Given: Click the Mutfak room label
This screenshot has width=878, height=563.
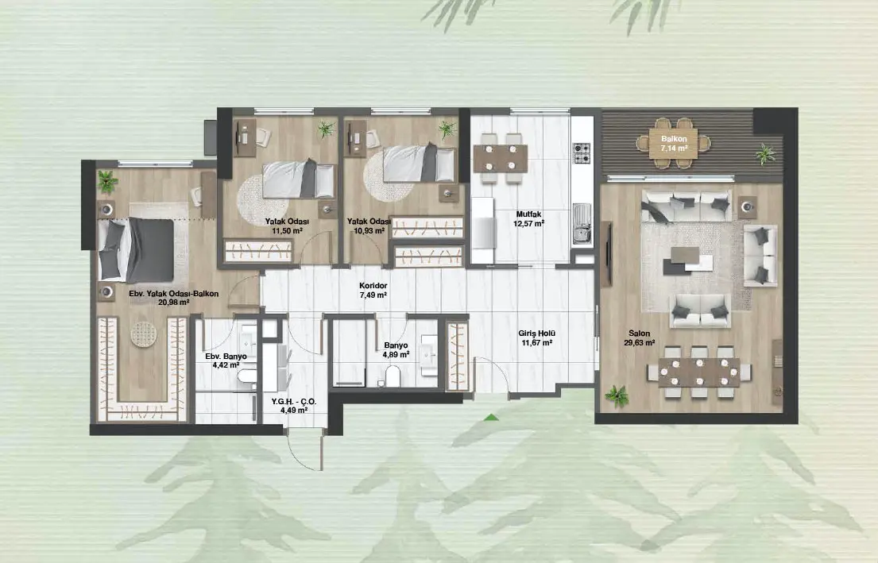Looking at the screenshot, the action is point(528,214).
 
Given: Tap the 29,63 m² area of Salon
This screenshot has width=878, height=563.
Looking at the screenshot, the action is point(640,343).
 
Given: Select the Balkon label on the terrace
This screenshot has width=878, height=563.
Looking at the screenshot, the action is point(674,139).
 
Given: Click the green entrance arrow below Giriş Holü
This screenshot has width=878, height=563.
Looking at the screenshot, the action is point(491,417).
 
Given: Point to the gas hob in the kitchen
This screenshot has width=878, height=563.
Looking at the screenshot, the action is point(581,152).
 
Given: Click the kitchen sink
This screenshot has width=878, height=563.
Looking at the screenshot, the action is point(582,225).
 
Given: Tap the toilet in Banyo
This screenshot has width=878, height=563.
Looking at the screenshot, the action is point(393,376).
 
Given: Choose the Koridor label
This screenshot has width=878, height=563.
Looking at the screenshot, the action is point(373,286).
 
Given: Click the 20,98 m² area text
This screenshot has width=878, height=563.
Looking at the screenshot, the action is point(173,303).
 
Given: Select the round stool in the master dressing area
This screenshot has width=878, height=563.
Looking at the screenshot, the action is point(144,334).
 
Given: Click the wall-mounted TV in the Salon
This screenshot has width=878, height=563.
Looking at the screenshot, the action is point(606,254).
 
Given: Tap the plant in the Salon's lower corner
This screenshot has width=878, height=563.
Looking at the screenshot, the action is point(617,396).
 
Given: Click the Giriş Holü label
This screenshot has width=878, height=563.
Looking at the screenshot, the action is point(536,334).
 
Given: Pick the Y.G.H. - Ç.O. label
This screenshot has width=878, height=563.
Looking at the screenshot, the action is point(294,402).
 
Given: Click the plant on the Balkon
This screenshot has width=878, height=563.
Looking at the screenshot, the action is point(765,153).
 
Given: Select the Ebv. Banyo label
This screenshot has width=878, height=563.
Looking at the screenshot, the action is point(226,357).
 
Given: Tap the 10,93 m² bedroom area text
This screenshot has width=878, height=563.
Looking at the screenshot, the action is point(369,230).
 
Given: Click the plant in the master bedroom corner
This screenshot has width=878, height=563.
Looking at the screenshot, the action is point(107,181).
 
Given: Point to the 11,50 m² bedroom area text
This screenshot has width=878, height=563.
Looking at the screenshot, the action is point(288,230).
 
